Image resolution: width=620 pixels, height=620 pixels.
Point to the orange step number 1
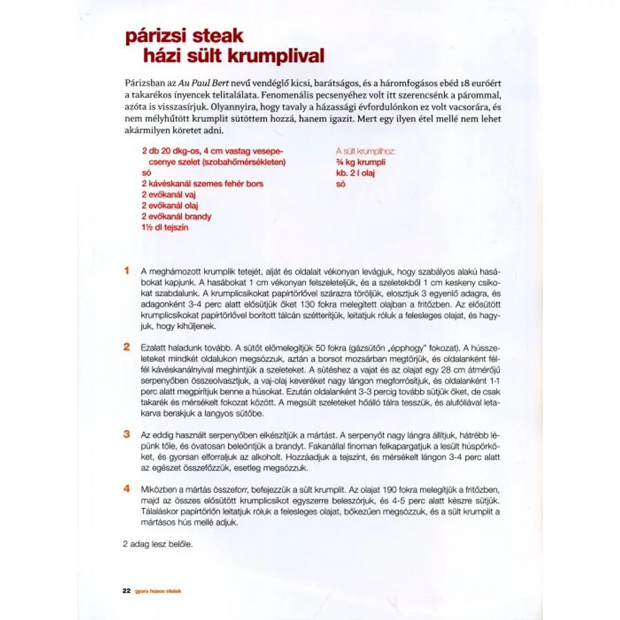pyautogui.click(x=127, y=271)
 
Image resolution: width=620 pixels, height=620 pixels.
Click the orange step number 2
pyautogui.click(x=127, y=346)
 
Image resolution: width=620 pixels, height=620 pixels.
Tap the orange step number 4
pyautogui.click(x=127, y=488)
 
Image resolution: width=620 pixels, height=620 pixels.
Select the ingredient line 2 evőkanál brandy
pyautogui.click(x=176, y=216)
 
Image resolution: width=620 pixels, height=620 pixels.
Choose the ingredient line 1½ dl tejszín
pyautogui.click(x=165, y=227)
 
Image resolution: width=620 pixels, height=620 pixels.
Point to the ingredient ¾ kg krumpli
pyautogui.click(x=360, y=162)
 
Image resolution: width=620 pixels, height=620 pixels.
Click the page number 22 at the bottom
pyautogui.click(x=126, y=590)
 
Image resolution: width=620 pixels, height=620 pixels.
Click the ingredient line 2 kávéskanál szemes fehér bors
pyautogui.click(x=203, y=184)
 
